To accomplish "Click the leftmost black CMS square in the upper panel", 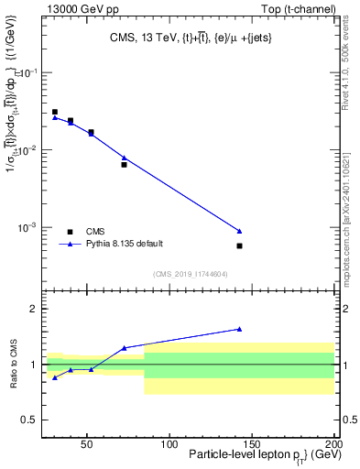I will [x=55, y=112].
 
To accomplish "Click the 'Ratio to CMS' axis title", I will [x=12, y=365].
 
